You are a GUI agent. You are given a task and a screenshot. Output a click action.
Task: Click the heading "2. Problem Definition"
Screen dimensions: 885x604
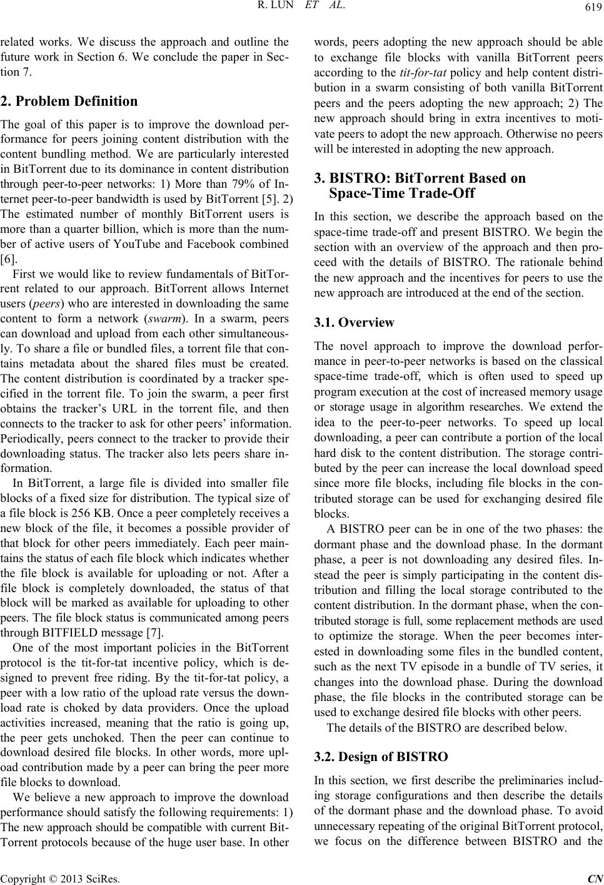point(69,101)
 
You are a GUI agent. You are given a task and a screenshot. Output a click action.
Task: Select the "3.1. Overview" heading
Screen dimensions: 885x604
point(354,323)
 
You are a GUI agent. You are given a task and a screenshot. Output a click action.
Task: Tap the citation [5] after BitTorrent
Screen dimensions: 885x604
point(266,199)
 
